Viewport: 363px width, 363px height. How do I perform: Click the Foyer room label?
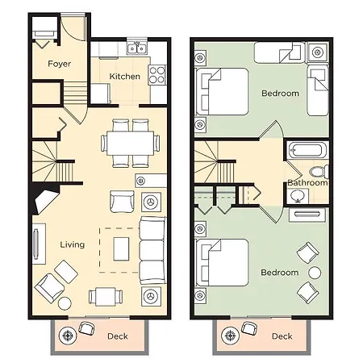pos(59,64)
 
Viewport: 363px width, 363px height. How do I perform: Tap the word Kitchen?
pos(125,77)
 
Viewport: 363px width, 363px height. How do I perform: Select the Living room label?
pos(73,244)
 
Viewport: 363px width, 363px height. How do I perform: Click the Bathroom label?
pos(307,183)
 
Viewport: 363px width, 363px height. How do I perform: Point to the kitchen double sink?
pos(137,48)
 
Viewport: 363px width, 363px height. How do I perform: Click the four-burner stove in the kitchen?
pos(157,75)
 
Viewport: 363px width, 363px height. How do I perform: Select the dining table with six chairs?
pos(130,143)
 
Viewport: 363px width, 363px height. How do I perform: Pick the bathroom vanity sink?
pos(298,195)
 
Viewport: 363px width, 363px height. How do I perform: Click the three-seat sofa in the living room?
pos(152,251)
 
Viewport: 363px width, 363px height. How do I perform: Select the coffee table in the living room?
pos(121,249)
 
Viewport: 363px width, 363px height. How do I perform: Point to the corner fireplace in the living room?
pos(44,198)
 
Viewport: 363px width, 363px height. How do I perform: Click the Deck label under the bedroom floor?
pos(282,336)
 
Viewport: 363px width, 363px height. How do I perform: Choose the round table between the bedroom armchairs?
pos(315,273)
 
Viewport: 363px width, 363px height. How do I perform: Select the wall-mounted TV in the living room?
pos(35,244)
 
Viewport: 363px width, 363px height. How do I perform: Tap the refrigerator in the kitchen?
pos(101,93)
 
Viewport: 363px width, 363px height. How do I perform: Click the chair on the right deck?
pos(249,328)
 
